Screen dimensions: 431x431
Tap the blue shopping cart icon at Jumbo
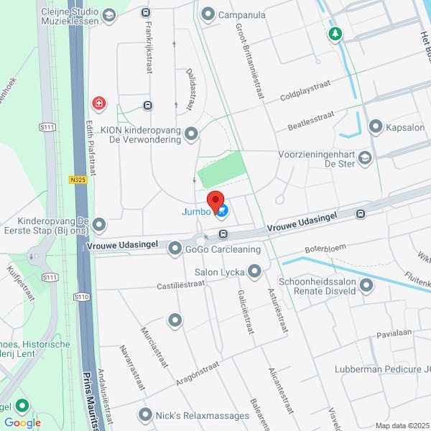[x=223, y=211]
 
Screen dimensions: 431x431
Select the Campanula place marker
[x=208, y=14]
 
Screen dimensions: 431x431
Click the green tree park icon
[x=335, y=34]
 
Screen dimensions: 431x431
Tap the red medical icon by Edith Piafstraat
[x=98, y=105]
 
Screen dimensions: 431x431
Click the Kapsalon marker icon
[x=375, y=127]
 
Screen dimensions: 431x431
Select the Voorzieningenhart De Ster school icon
[x=365, y=158]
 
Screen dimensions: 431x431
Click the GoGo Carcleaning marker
[x=175, y=249]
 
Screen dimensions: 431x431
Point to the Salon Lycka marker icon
[x=254, y=272]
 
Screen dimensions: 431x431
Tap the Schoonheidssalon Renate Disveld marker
[x=367, y=287]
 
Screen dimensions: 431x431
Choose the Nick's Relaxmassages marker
[x=146, y=415]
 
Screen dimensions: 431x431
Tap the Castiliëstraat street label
[x=181, y=285]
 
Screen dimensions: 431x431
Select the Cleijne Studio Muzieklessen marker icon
[x=108, y=14]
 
